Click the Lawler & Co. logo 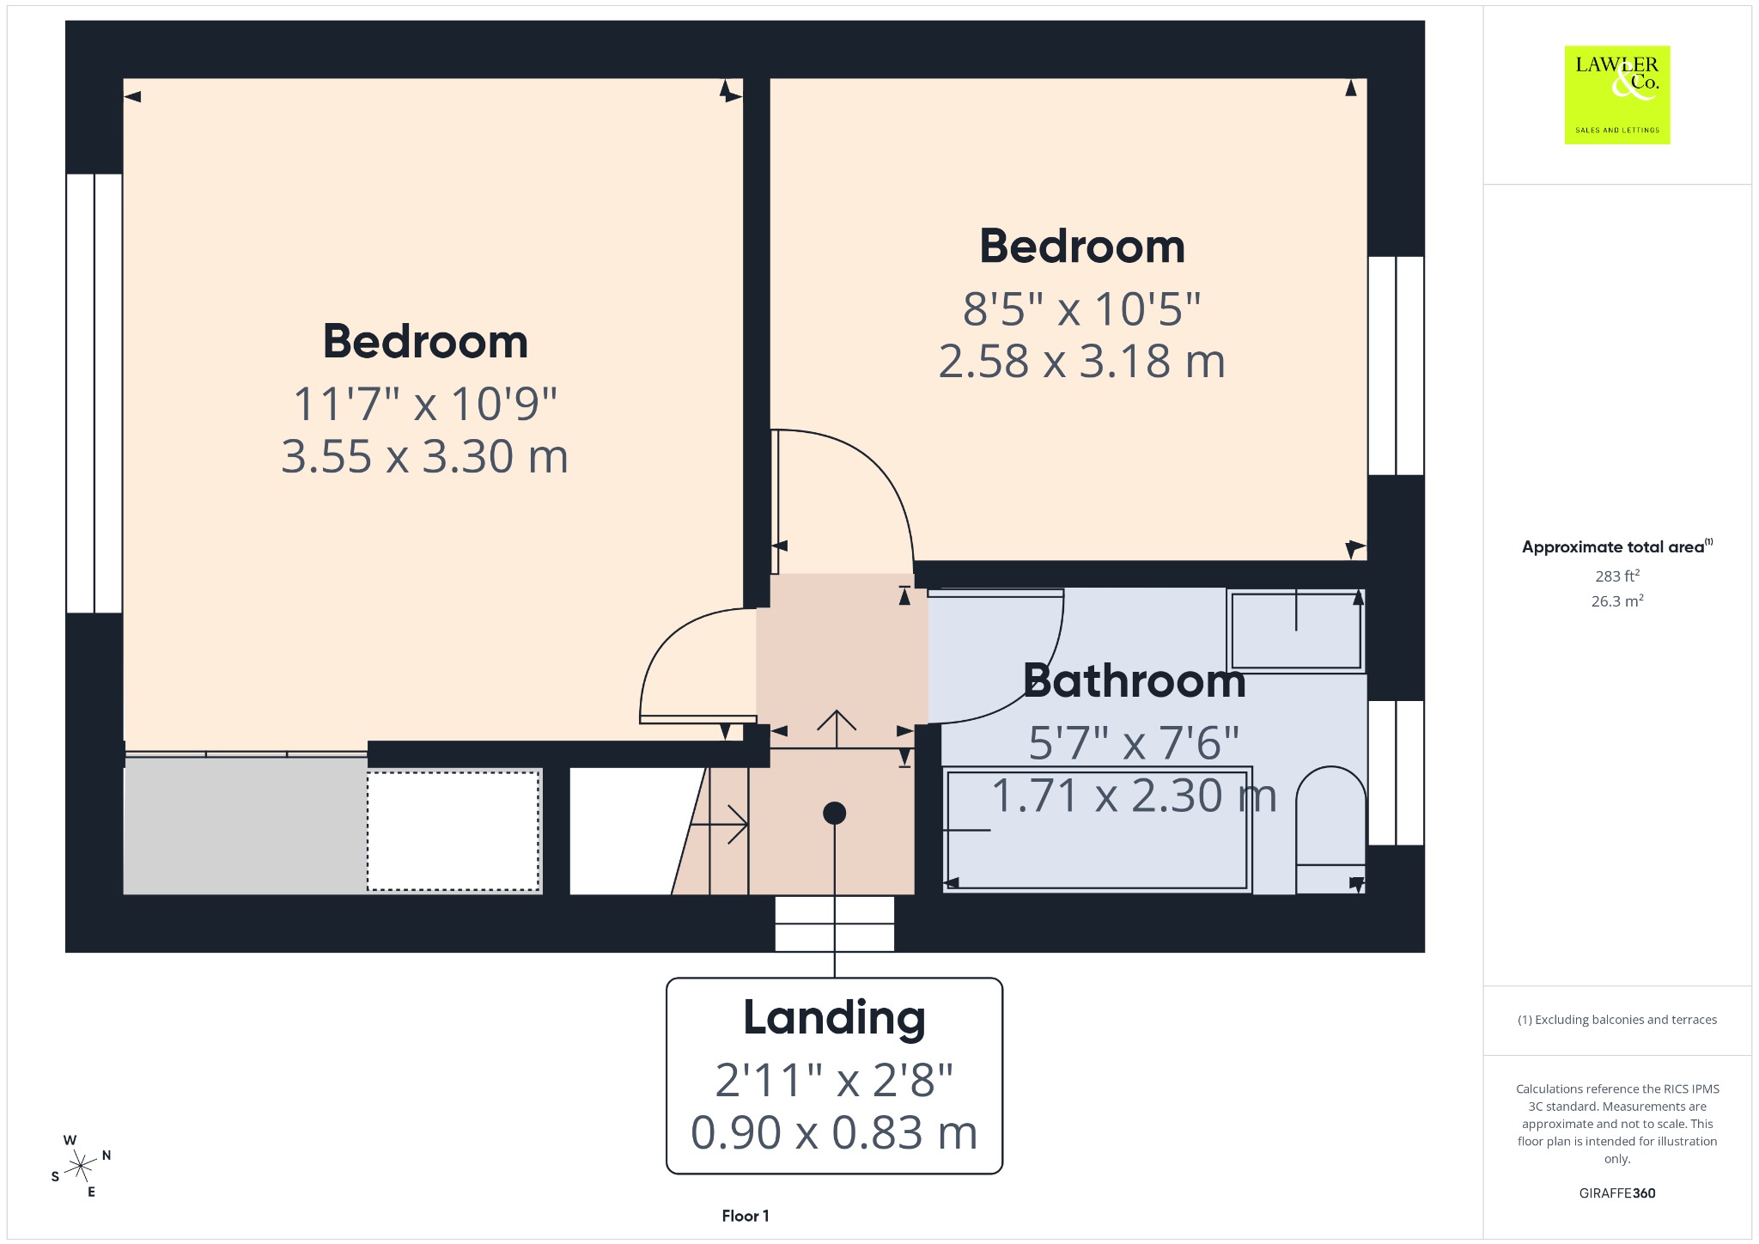click(x=1617, y=95)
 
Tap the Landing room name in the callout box click(x=834, y=1018)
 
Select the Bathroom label click(x=1134, y=681)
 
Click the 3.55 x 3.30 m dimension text click(x=425, y=456)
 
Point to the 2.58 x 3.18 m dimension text click(x=1082, y=361)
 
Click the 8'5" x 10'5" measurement click(x=1082, y=308)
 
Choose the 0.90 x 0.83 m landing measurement click(x=834, y=1132)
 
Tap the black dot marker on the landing click(x=834, y=813)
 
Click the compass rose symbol click(x=81, y=1166)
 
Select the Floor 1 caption click(x=746, y=1216)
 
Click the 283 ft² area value click(x=1617, y=576)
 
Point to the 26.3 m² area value click(x=1617, y=601)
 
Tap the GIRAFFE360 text click(x=1617, y=1192)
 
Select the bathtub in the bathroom click(x=1098, y=830)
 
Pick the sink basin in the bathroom click(x=1296, y=630)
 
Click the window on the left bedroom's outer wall click(x=94, y=393)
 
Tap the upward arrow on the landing click(x=837, y=729)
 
